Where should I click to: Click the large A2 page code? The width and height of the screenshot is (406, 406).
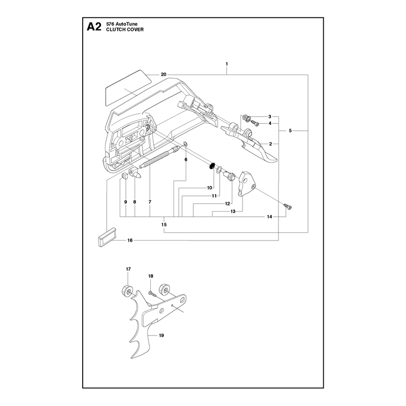(94, 27)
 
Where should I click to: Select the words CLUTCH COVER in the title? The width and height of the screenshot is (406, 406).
(125, 29)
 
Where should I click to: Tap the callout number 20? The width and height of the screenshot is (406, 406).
(163, 75)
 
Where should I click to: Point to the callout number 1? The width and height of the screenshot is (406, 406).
(227, 64)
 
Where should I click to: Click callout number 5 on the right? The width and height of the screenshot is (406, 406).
(290, 131)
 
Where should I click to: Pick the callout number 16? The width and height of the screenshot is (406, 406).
(130, 240)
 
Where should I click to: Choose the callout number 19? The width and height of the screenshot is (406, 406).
(161, 335)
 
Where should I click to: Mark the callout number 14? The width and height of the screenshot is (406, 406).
(269, 217)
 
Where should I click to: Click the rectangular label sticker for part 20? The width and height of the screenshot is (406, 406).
(128, 88)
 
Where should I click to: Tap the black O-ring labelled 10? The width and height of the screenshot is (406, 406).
(212, 166)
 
